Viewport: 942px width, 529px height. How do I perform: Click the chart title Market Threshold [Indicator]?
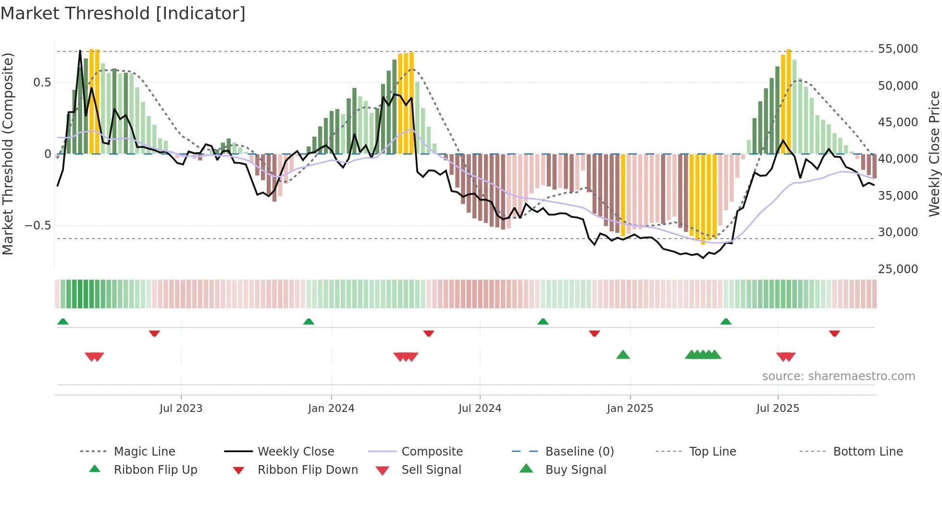(x=123, y=13)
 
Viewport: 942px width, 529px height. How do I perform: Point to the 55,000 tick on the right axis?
(x=897, y=49)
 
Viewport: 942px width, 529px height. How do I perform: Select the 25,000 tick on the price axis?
(x=897, y=269)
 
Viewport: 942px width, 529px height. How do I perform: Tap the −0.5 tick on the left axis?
(x=37, y=226)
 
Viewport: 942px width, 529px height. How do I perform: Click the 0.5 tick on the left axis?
(x=42, y=83)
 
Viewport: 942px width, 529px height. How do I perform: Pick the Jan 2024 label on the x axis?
(x=331, y=409)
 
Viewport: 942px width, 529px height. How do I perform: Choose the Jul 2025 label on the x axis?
(x=778, y=409)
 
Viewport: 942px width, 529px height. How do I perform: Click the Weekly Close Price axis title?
(x=934, y=154)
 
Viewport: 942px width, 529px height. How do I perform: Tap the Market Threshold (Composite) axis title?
(x=8, y=154)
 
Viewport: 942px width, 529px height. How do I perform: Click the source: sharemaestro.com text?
(x=838, y=376)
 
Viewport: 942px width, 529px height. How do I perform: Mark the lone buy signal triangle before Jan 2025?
(x=623, y=355)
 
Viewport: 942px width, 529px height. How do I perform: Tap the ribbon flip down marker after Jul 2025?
(x=834, y=333)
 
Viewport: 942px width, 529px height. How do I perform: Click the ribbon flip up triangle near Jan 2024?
(x=309, y=322)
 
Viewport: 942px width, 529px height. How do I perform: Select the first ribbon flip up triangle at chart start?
(x=63, y=322)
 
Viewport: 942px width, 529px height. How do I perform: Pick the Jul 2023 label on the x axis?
(x=181, y=409)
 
